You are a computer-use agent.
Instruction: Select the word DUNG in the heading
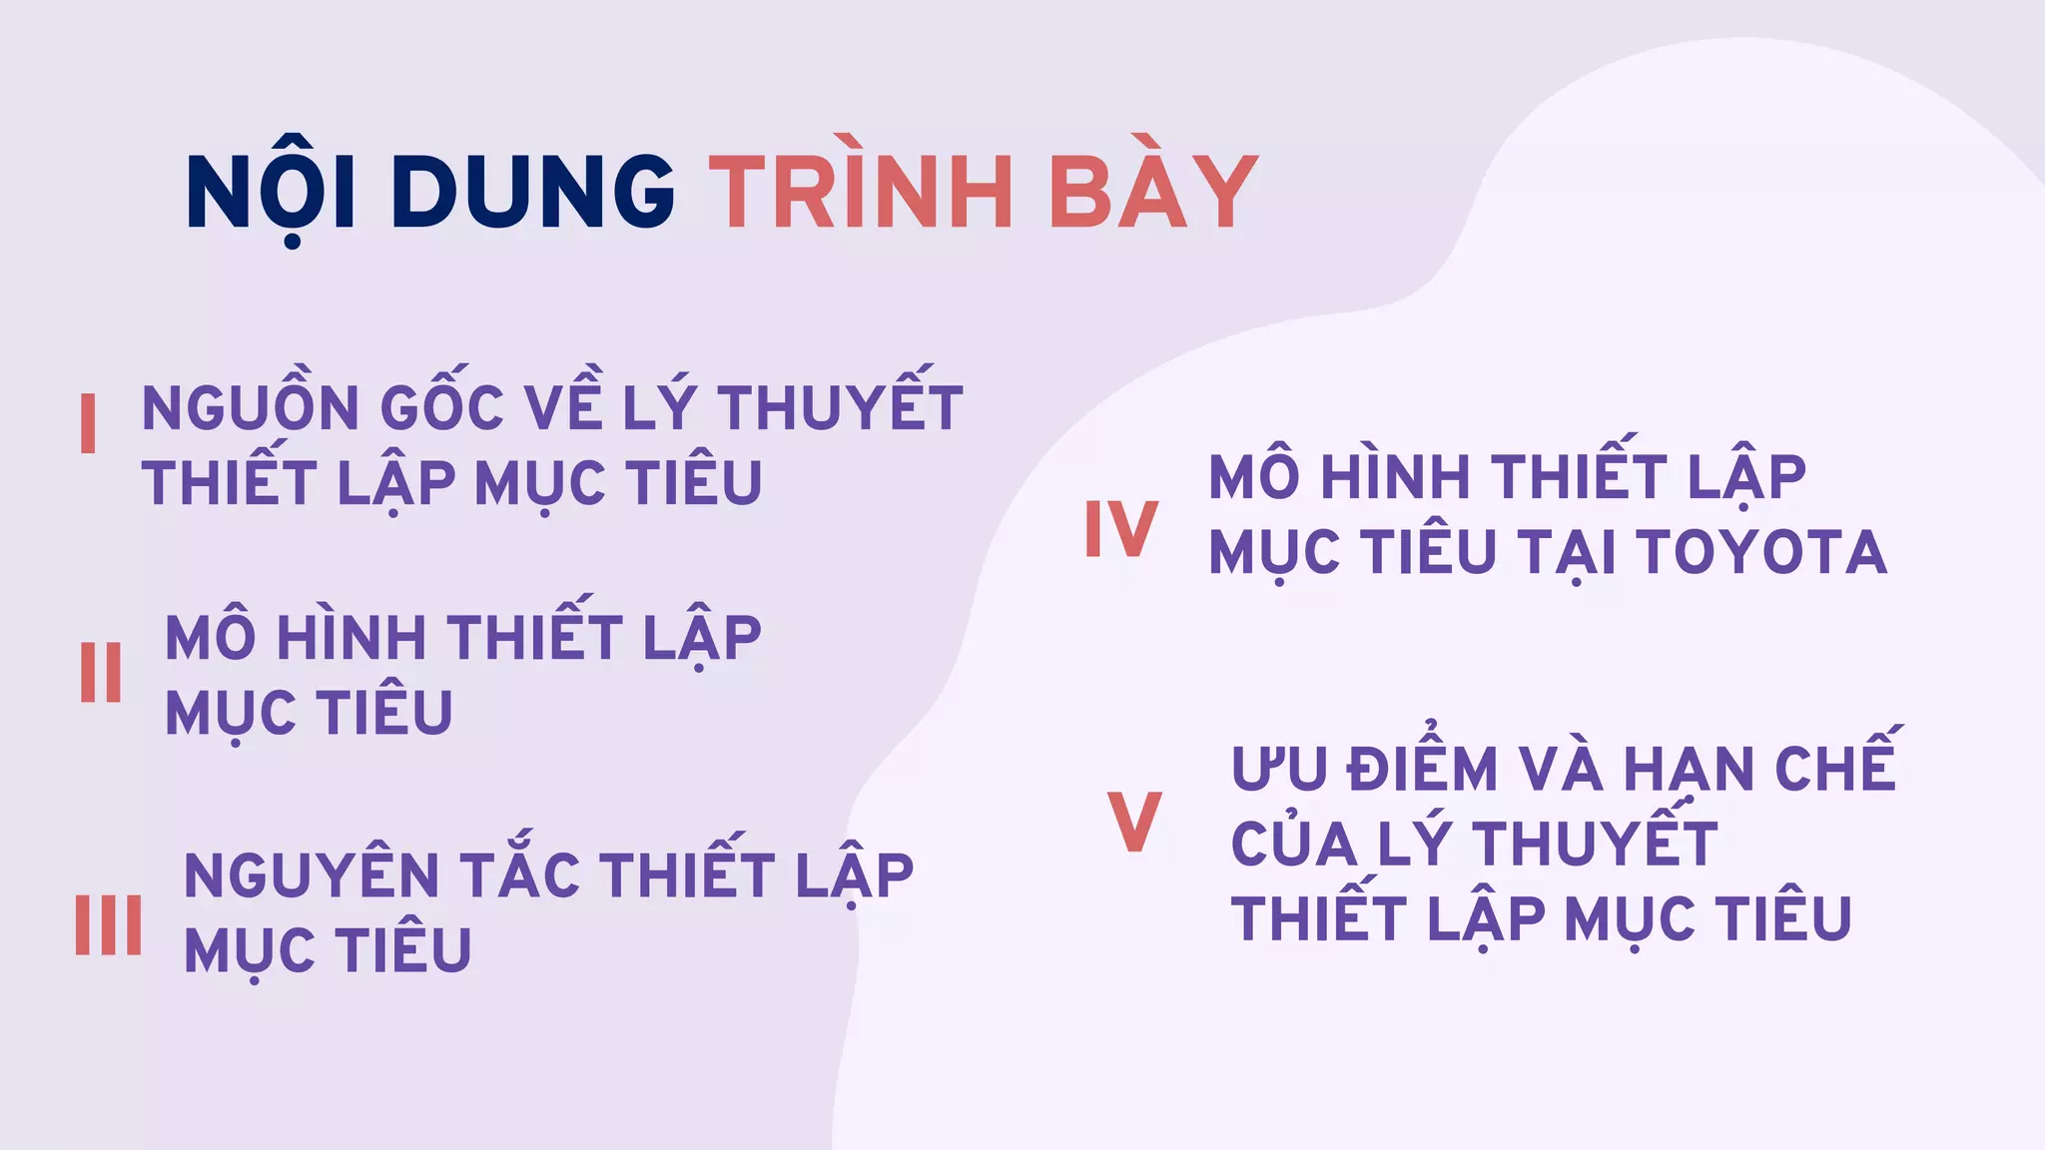(x=533, y=192)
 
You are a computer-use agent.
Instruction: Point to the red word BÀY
(x=1153, y=192)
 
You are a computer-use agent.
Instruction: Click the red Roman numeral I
(x=88, y=423)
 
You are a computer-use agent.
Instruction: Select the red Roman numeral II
(x=101, y=673)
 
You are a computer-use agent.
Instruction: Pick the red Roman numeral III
(x=108, y=924)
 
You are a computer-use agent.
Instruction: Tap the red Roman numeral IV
(x=1121, y=529)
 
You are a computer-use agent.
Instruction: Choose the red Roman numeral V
(x=1135, y=822)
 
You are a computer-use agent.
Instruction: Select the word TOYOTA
(x=1762, y=552)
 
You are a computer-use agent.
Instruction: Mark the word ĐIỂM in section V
(x=1422, y=769)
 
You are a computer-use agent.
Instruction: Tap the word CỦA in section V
(x=1294, y=844)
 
